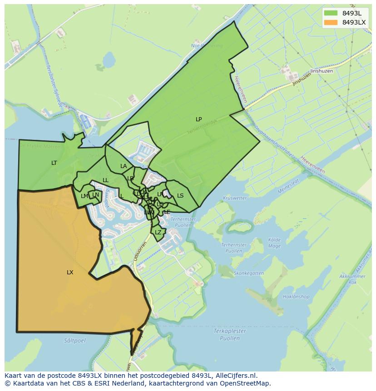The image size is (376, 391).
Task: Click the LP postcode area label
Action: [x=198, y=119]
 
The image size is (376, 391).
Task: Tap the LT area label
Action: [x=54, y=163]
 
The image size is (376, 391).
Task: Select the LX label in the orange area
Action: [x=70, y=272]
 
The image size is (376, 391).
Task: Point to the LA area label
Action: [x=124, y=166]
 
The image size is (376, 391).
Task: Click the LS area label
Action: [x=180, y=196]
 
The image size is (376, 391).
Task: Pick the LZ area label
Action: [x=158, y=233]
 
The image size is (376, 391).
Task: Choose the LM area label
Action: [x=84, y=196]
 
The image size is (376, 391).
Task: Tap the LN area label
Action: [x=95, y=195]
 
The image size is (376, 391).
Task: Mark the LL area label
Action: [x=105, y=180]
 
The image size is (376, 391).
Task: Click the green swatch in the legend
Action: [x=331, y=13]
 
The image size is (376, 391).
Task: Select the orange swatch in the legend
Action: [x=331, y=22]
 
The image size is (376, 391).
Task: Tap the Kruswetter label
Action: [x=235, y=198]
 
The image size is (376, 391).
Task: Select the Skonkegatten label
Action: [x=248, y=273]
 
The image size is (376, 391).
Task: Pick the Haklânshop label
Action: [x=296, y=297]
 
